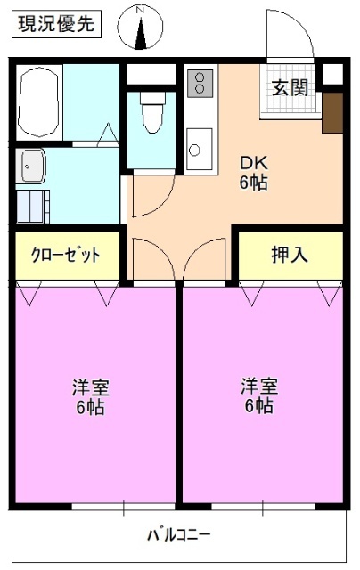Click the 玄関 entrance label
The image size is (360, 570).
pyautogui.click(x=290, y=87)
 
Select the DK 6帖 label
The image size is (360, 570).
pyautogui.click(x=253, y=174)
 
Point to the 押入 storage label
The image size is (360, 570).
pyautogui.click(x=290, y=255)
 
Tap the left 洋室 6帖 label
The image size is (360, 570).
pyautogui.click(x=90, y=397)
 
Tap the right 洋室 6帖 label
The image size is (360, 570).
pyautogui.click(x=258, y=395)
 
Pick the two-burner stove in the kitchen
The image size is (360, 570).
pyautogui.click(x=200, y=85)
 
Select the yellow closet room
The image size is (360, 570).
pyautogui.click(x=67, y=255)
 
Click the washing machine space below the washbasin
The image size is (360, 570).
pyautogui.click(x=36, y=206)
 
